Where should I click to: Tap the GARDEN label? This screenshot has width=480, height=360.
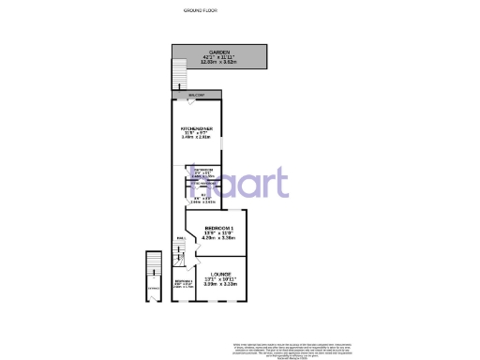219,52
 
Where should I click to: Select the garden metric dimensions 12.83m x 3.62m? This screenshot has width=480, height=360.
219,63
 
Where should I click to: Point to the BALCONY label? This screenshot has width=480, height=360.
196,95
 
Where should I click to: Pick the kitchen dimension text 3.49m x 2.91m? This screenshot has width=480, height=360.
197,137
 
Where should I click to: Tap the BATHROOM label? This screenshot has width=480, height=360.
204,170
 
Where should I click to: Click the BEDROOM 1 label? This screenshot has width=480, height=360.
219,227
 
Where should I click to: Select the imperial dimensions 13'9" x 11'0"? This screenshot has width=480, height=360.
219,232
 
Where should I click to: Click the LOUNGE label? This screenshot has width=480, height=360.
221,274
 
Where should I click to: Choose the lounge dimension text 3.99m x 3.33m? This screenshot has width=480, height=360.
221,284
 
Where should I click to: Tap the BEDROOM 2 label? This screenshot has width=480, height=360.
183,280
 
